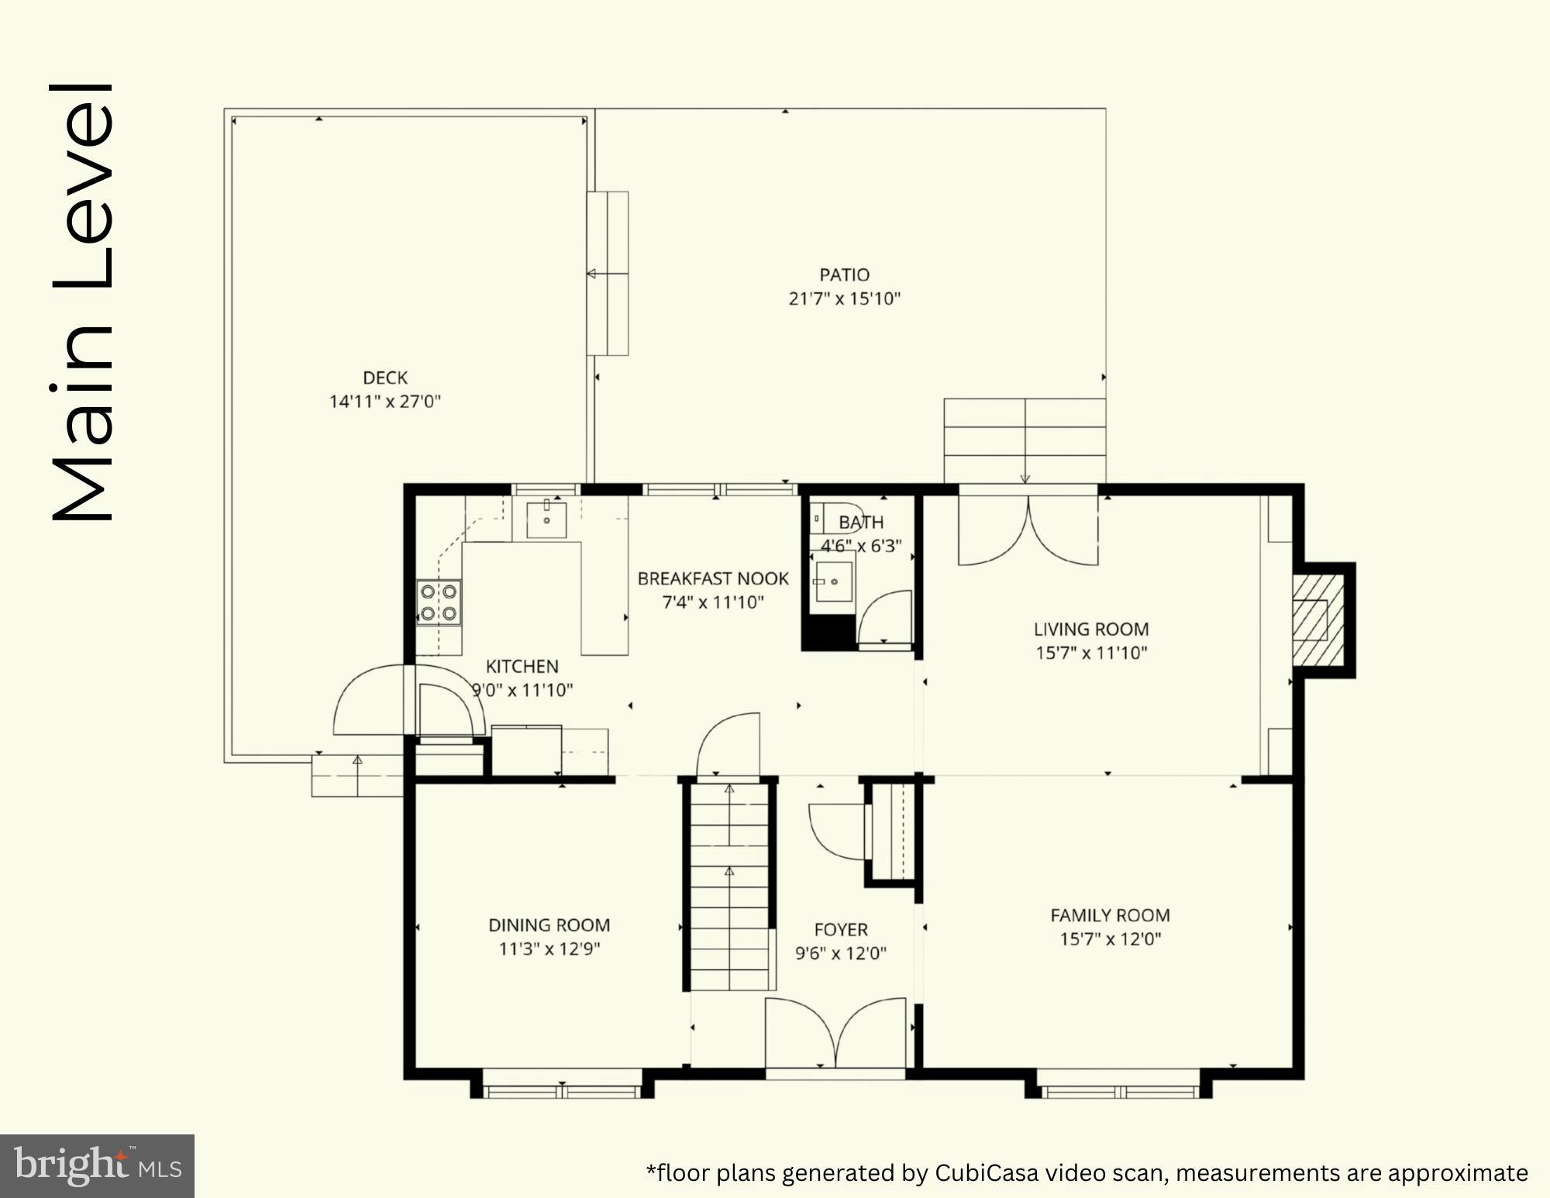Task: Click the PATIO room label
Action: click(x=844, y=274)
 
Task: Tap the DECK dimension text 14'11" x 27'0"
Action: click(x=385, y=402)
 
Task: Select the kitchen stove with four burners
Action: click(x=439, y=602)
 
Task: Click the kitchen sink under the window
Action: click(x=546, y=520)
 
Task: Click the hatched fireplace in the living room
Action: click(x=1317, y=620)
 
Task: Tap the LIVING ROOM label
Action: click(x=1091, y=629)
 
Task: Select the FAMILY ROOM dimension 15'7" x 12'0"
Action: click(x=1111, y=939)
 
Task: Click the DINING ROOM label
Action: click(x=549, y=925)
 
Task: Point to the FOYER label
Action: click(x=841, y=929)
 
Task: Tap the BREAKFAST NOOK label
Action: click(x=713, y=578)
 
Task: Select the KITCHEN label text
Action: click(x=522, y=666)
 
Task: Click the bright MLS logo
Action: click(x=97, y=1165)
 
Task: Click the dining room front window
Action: click(x=563, y=1083)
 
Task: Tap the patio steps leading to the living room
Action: click(x=1025, y=440)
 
